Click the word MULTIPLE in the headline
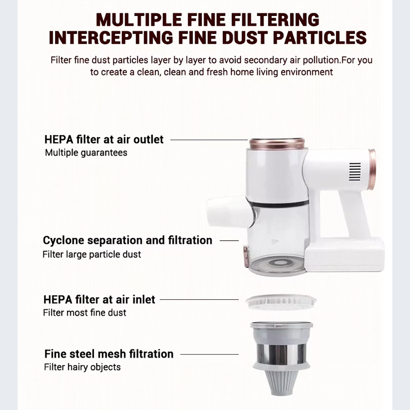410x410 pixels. coord(139,20)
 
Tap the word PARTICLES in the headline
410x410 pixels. coord(320,38)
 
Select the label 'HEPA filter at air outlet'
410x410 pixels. coord(104,139)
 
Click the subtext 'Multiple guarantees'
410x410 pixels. coord(86,153)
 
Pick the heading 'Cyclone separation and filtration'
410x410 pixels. coord(128,240)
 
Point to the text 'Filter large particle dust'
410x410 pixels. coord(91,254)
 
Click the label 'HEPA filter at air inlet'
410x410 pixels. coord(99,299)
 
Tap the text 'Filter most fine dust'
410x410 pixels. coord(84,312)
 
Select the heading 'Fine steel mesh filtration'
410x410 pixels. coord(109,354)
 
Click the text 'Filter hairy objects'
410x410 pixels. coord(82,367)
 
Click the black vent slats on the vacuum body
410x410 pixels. coord(355,171)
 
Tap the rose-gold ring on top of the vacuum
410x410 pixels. coord(277,144)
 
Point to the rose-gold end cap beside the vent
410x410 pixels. coord(372,169)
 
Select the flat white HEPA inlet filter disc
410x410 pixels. coord(281,302)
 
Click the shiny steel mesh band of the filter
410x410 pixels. coord(281,354)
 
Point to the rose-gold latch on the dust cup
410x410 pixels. coord(246,257)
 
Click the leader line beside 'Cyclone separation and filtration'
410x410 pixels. coord(229,241)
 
